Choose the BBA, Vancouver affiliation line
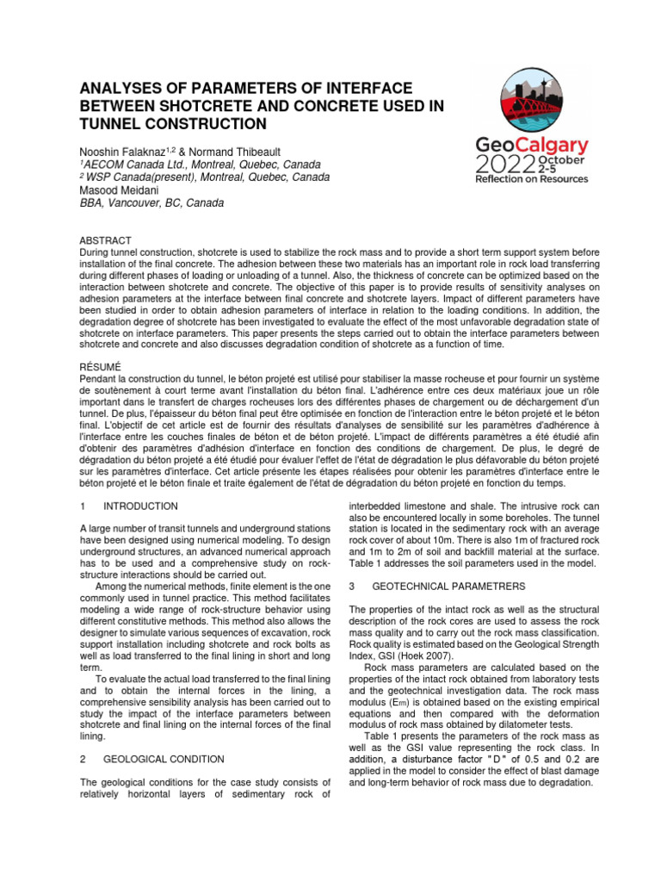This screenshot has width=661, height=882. [151, 203]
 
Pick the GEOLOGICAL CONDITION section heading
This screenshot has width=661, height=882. [164, 759]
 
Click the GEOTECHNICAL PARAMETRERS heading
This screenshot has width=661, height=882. [448, 586]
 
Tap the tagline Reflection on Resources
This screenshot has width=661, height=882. [532, 179]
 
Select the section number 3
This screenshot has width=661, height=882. [351, 586]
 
